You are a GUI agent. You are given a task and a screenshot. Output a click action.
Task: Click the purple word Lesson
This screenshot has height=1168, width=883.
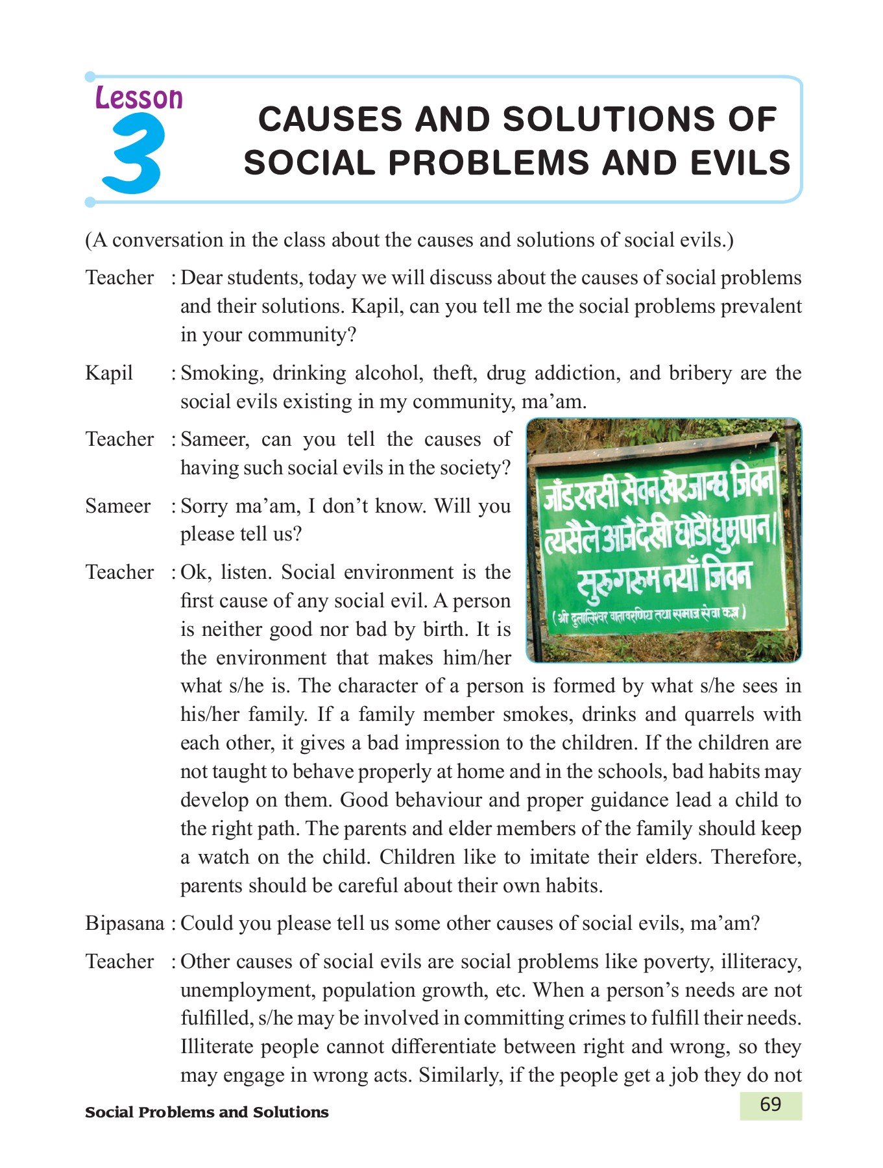139,98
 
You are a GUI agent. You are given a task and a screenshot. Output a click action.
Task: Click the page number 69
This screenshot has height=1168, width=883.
770,1104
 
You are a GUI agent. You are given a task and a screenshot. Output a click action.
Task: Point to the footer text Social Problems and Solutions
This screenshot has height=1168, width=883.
206,1112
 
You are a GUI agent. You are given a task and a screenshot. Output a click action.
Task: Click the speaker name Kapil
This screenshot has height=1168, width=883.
109,373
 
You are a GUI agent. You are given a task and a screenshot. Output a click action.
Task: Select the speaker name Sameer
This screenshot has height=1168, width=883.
117,505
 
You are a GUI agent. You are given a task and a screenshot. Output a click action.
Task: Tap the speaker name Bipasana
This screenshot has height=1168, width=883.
125,923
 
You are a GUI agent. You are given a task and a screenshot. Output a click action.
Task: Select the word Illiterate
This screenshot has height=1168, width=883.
217,1047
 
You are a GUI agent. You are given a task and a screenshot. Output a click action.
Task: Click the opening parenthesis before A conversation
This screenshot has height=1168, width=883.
89,240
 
